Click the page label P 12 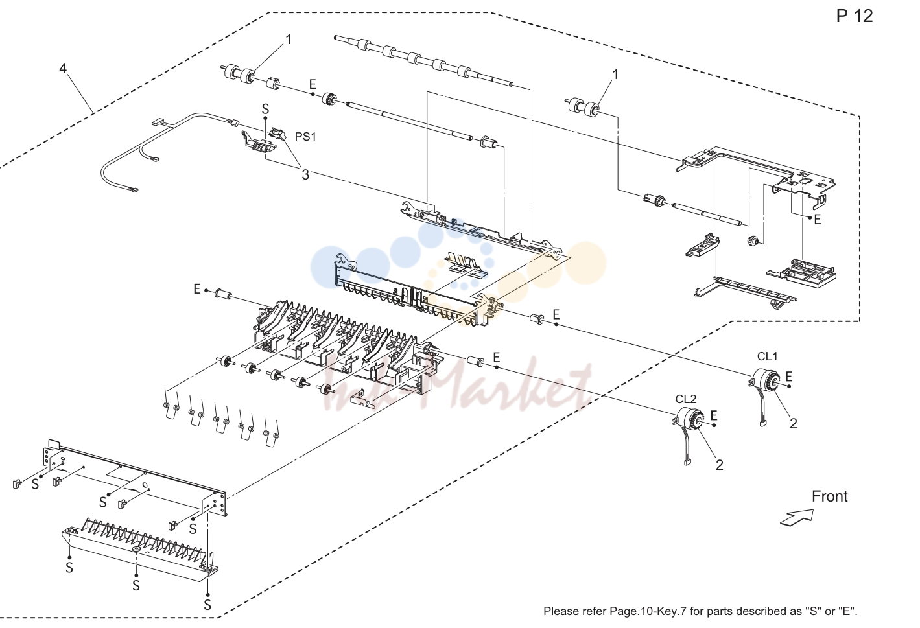855,16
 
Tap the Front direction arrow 797,518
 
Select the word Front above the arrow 830,496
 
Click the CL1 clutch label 767,356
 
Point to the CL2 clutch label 685,399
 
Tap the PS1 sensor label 305,137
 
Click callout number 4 63,68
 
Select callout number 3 305,175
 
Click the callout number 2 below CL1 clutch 793,424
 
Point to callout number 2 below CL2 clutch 719,465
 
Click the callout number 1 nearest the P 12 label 615,75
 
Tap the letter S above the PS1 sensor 265,109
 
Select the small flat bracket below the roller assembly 364,399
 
